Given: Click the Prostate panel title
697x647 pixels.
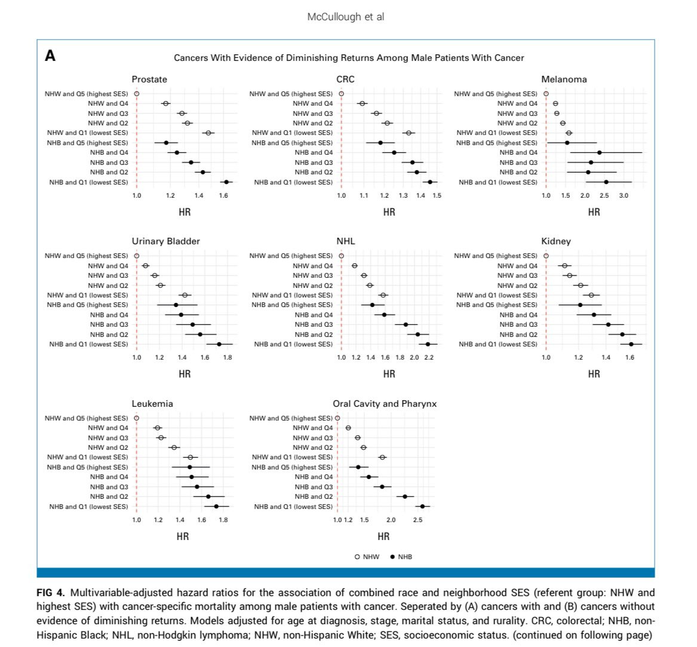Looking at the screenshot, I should tap(149, 79).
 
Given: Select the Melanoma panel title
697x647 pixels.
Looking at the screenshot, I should tap(564, 79).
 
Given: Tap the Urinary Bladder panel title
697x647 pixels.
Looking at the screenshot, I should tap(165, 241).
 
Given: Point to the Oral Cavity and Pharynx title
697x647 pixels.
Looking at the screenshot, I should tap(385, 404).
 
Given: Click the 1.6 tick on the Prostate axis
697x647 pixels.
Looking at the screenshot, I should tap(223, 196).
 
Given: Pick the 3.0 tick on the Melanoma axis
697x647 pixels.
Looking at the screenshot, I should tap(624, 196).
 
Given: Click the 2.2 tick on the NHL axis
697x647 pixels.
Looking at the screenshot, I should tap(429, 358).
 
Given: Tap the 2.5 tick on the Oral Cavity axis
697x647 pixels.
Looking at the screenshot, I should tap(417, 520).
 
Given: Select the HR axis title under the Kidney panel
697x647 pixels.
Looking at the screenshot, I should tap(594, 374).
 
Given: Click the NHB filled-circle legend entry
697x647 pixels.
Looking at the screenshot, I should tap(401, 557).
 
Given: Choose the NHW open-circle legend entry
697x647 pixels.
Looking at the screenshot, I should tap(367, 557).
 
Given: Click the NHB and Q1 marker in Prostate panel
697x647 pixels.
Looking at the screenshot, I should tap(226, 182).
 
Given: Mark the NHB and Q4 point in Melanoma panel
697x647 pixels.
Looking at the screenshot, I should tap(599, 152).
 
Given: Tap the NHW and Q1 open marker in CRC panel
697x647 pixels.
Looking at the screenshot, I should tap(409, 133).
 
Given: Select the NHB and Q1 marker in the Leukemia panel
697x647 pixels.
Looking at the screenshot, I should tap(216, 506).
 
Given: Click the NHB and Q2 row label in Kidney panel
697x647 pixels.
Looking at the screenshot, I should tap(518, 335).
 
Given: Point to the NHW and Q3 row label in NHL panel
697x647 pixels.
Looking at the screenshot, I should tap(312, 275).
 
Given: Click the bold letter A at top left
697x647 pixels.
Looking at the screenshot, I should tap(50, 56).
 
